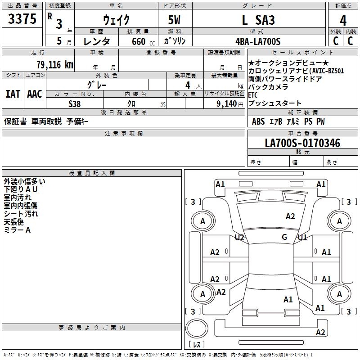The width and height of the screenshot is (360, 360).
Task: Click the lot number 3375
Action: click(22, 19)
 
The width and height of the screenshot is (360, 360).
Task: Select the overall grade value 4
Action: click(343, 21)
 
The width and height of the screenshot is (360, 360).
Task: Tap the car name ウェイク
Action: click(116, 20)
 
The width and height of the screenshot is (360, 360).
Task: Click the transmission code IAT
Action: click(13, 94)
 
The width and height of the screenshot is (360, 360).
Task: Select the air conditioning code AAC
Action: click(34, 94)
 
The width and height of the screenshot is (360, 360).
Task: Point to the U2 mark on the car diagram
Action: click(239, 237)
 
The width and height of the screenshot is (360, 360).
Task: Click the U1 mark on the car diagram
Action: click(302, 237)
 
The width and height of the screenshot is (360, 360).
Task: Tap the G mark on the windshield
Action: click(284, 237)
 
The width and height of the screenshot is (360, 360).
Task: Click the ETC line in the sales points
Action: click(253, 94)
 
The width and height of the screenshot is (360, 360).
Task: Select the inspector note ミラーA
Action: click(17, 230)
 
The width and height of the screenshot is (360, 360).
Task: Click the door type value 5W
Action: click(175, 20)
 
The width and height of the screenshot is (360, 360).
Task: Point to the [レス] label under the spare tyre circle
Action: click(197, 345)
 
